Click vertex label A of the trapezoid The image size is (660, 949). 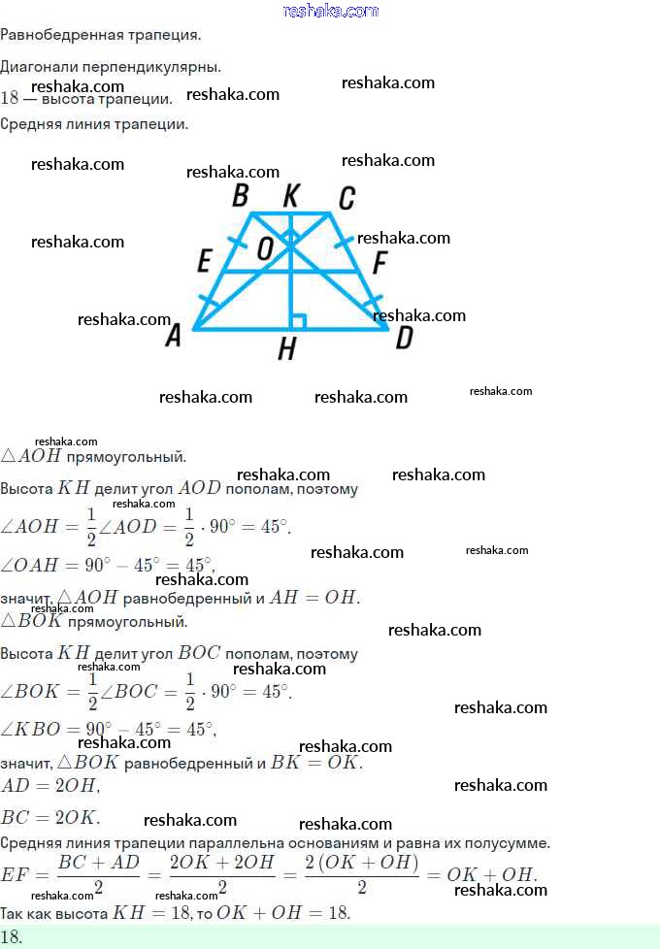(174, 336)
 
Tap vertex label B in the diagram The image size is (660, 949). (241, 197)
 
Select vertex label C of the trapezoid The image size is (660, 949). (346, 199)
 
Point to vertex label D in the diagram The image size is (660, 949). (404, 338)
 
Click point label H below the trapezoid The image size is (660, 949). (286, 349)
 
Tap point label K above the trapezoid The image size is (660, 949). (290, 197)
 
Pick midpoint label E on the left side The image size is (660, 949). (204, 261)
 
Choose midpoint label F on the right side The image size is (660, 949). (379, 263)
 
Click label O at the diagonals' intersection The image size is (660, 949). (265, 249)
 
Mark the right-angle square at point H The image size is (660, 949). (299, 322)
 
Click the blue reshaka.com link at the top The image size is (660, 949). (330, 11)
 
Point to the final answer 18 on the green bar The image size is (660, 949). (12, 937)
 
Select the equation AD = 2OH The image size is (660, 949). (49, 785)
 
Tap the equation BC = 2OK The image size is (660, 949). (50, 817)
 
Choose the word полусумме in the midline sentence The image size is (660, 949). (508, 843)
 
